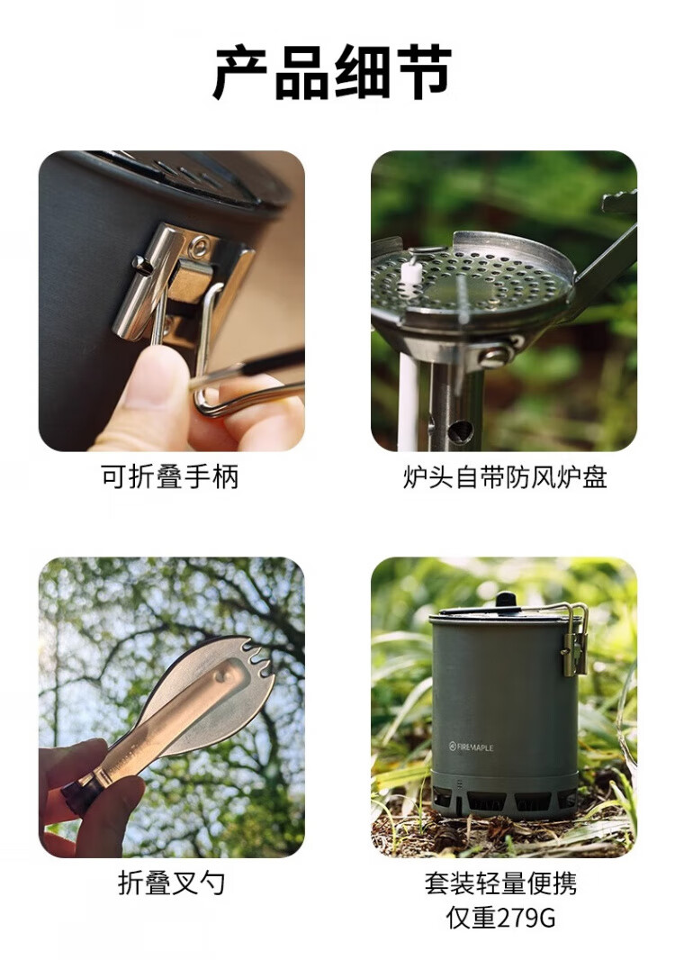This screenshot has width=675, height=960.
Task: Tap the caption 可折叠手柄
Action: tap(169, 476)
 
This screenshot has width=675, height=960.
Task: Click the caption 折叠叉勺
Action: tap(171, 883)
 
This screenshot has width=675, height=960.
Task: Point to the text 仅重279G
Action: tap(500, 918)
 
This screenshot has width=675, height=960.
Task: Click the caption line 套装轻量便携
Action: tap(500, 883)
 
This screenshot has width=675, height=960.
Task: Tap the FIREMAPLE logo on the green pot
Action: tap(471, 747)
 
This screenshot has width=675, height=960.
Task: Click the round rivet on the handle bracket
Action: tap(198, 247)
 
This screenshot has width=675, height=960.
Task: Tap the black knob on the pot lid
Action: tap(506, 599)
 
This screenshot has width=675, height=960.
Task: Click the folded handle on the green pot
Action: tap(574, 639)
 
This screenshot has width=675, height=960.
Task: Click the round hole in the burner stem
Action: tap(460, 431)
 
